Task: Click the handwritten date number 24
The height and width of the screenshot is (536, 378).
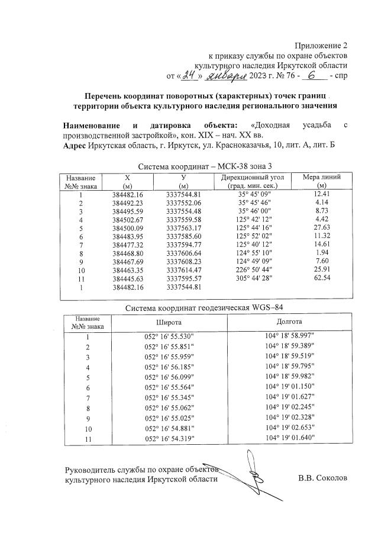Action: click(189, 75)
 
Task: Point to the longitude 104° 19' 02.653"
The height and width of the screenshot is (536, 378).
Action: click(290, 427)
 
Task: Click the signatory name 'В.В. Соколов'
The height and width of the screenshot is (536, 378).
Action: click(322, 478)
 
